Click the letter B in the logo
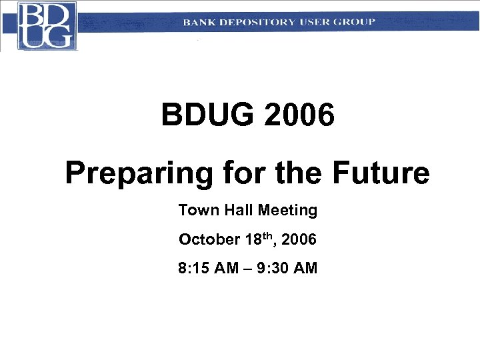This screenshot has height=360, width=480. (x=32, y=15)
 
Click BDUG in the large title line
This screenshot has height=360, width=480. (x=207, y=116)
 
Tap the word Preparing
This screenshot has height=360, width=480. (x=138, y=174)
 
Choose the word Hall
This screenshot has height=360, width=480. (x=236, y=211)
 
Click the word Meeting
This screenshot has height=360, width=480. (x=287, y=211)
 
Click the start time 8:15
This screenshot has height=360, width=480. (x=194, y=269)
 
